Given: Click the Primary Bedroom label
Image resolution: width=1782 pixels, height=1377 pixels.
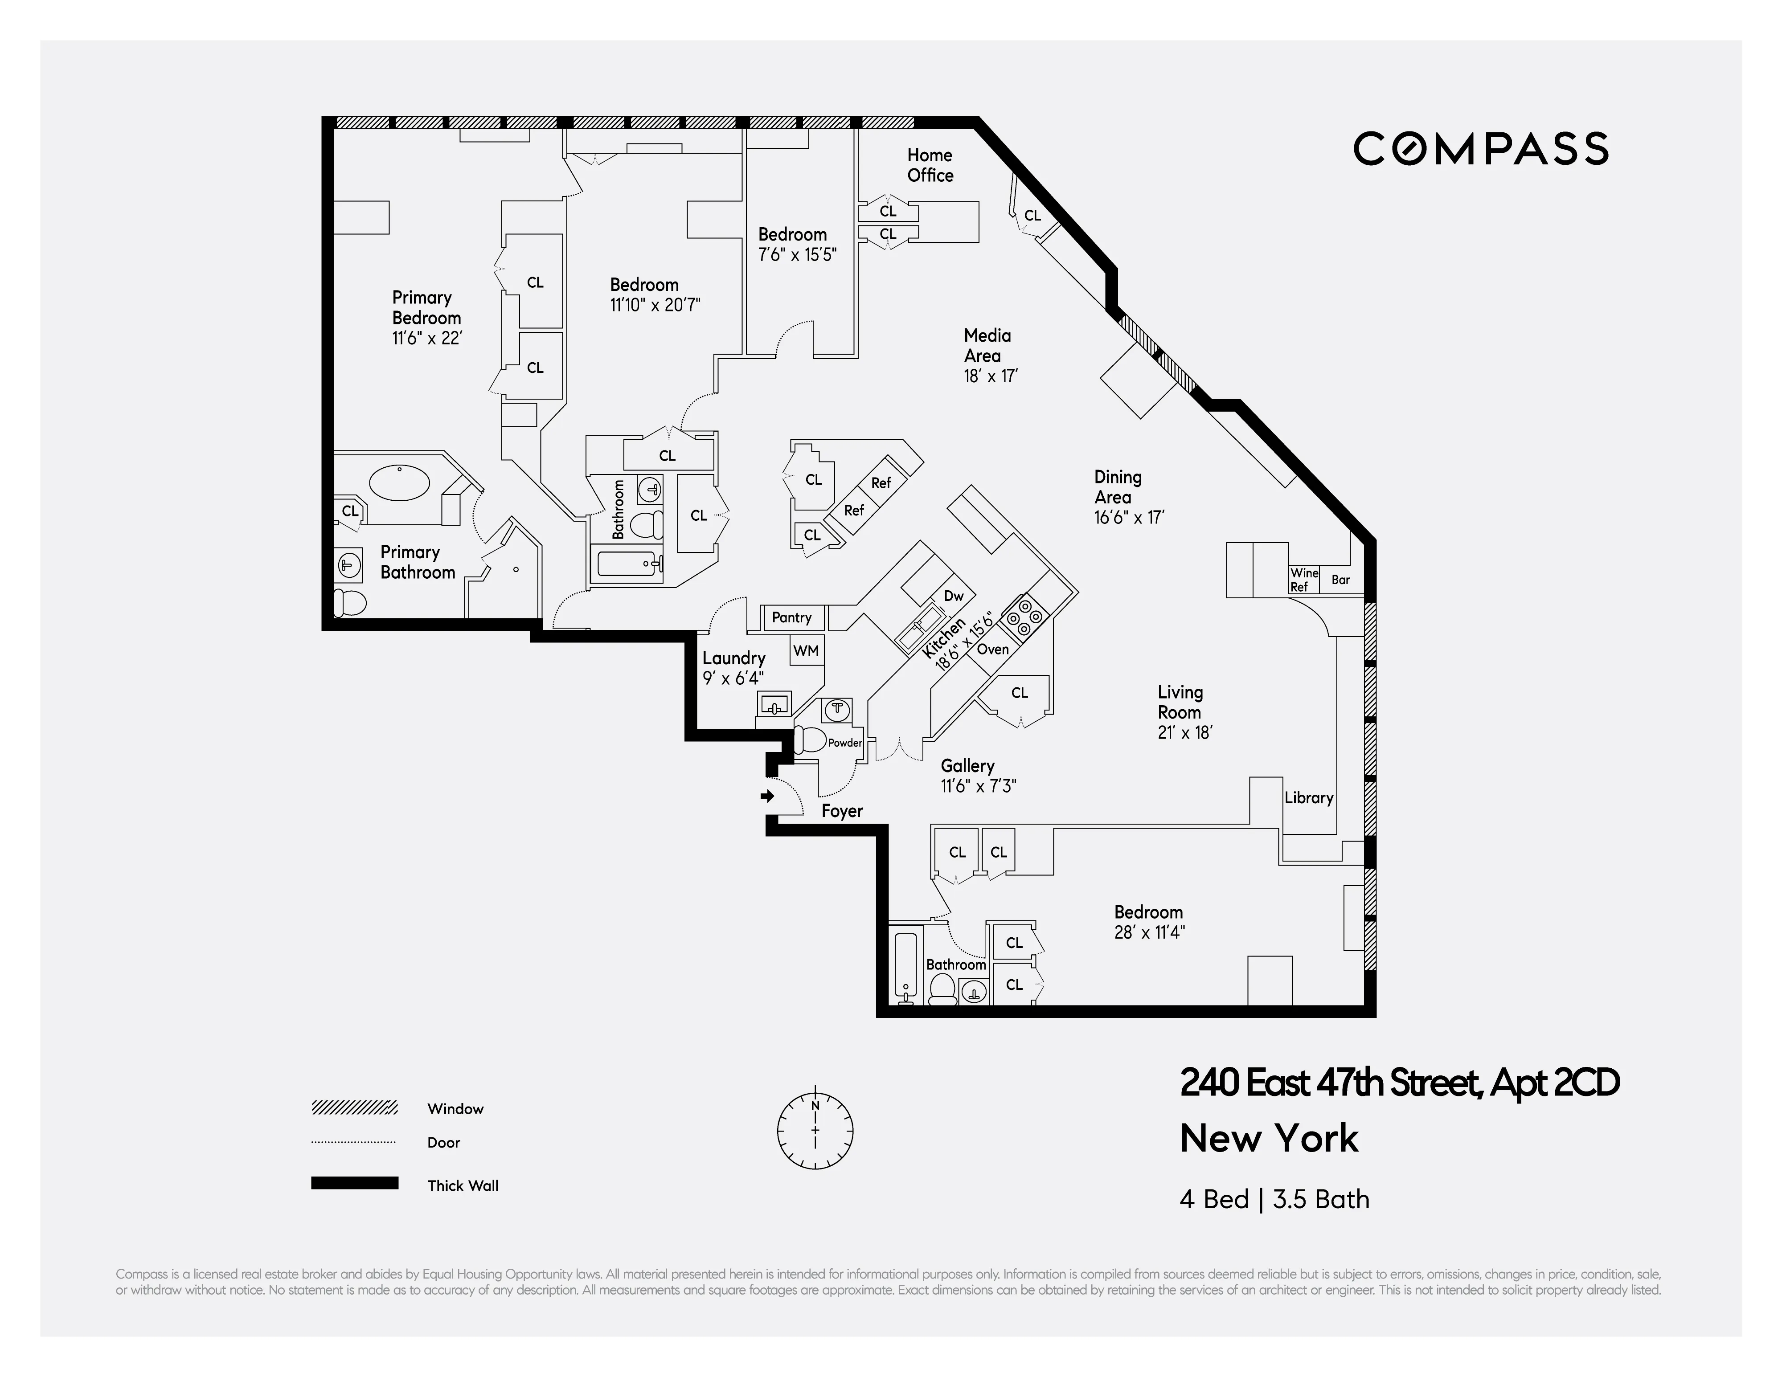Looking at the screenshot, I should click(x=426, y=317).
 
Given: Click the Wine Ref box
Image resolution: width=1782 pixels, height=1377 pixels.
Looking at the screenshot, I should click(x=1303, y=580).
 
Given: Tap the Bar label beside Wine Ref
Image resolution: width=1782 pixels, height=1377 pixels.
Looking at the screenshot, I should click(x=1340, y=580).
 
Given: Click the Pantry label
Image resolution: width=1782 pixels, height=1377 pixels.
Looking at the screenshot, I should click(x=791, y=617).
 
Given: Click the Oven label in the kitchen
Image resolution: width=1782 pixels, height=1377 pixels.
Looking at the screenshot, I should click(x=992, y=650).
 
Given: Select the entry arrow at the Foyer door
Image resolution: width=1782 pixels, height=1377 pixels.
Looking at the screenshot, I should click(x=767, y=795).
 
